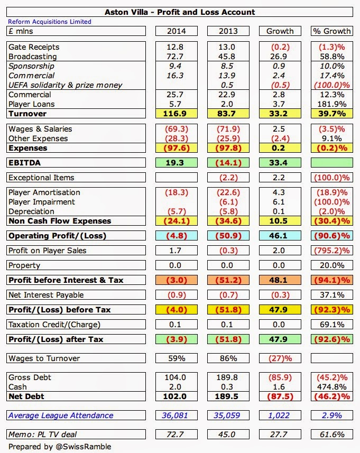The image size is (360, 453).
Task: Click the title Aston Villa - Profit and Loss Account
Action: click(180, 12)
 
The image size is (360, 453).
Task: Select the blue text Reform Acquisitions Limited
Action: click(50, 22)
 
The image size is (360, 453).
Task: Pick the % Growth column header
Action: click(331, 31)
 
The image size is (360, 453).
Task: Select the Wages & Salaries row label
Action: click(40, 129)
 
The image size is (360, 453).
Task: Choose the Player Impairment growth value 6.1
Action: click(280, 202)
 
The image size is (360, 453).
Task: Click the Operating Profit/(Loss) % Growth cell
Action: click(331, 236)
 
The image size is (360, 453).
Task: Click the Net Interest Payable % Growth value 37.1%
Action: click(331, 295)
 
